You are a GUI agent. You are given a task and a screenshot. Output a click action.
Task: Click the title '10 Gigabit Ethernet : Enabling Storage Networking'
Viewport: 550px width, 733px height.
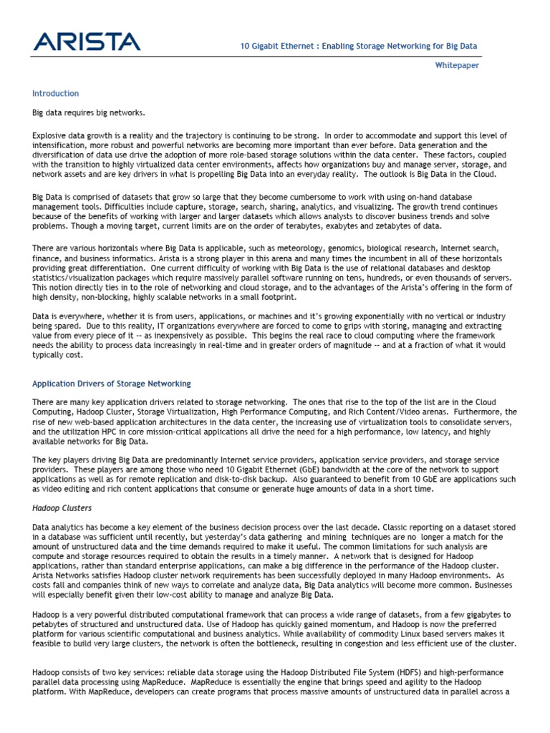358,47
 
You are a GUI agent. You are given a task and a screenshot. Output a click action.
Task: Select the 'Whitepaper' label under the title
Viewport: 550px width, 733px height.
458,65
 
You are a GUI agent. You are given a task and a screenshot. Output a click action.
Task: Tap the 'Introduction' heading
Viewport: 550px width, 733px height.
56,94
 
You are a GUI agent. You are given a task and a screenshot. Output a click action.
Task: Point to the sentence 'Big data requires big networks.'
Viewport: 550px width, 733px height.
89,113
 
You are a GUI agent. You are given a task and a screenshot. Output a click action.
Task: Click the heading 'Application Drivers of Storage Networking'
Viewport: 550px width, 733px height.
112,384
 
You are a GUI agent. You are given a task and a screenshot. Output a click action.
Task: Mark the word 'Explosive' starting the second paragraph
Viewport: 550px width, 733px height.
49,135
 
